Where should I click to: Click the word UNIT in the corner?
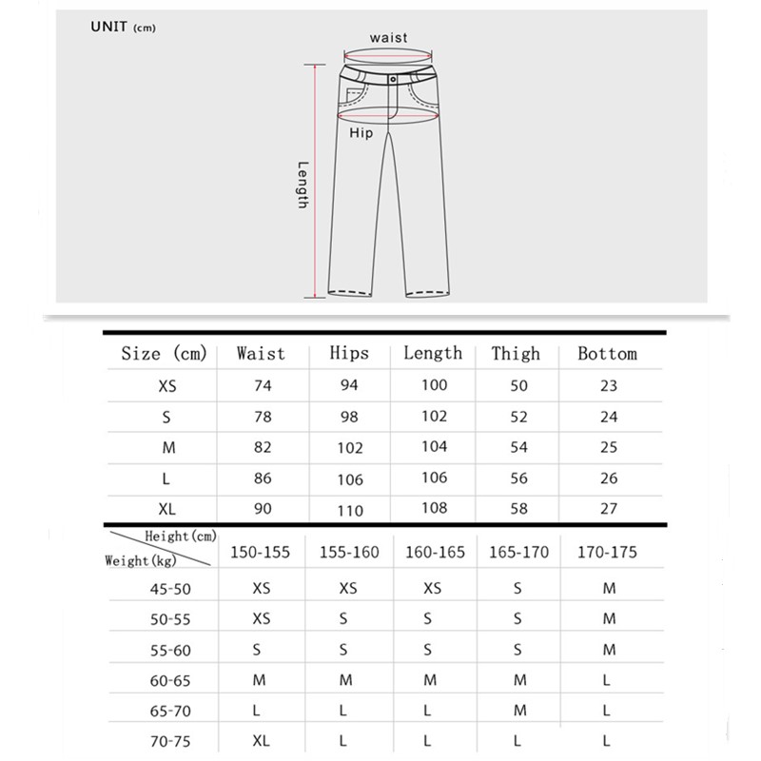click(x=108, y=27)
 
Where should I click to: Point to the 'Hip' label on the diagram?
click(x=361, y=134)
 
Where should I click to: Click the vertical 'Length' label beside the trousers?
click(x=302, y=185)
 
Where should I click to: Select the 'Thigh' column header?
click(x=516, y=354)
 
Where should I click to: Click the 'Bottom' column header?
click(x=607, y=354)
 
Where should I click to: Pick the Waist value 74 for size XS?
click(x=263, y=386)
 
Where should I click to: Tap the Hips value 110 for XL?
click(x=350, y=510)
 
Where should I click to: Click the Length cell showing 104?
click(x=433, y=447)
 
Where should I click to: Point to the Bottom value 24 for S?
click(x=609, y=417)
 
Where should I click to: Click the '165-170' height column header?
click(x=518, y=553)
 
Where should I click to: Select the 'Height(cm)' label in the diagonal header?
click(x=181, y=537)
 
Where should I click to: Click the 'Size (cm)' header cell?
click(x=164, y=354)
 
